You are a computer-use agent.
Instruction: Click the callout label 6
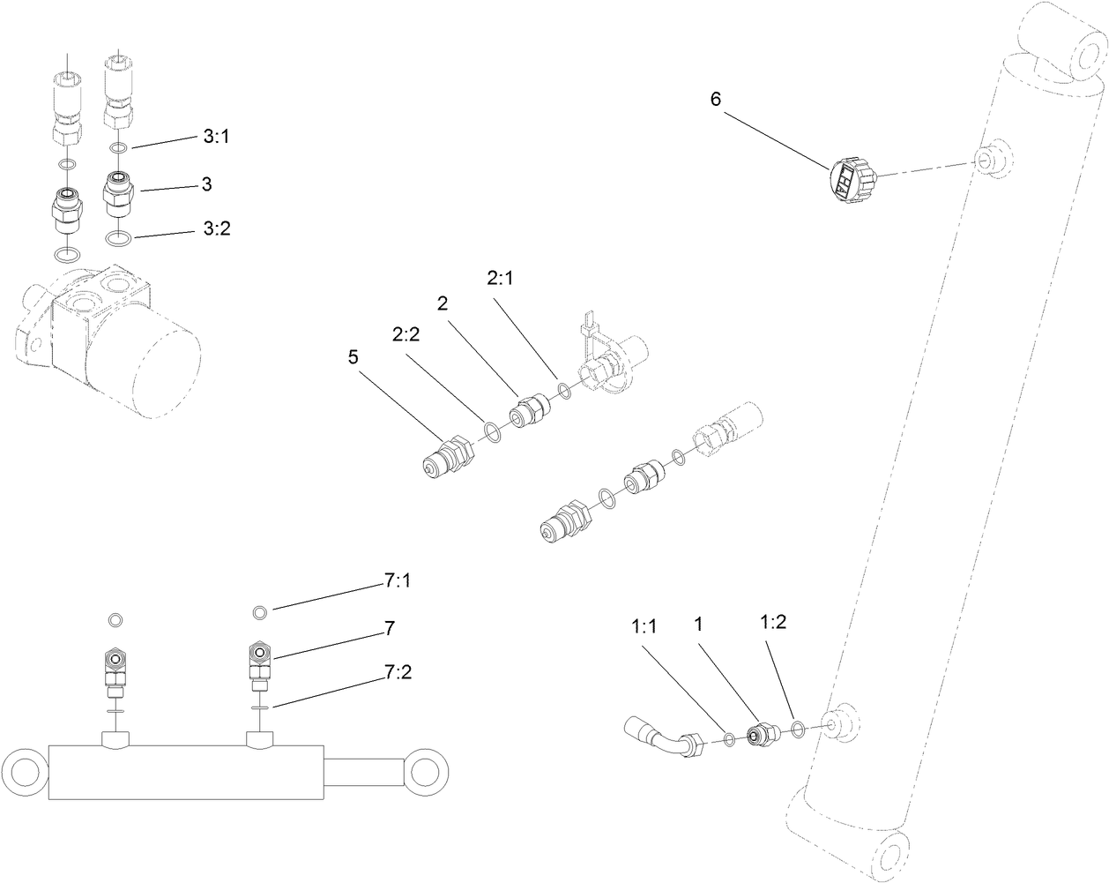click(x=715, y=100)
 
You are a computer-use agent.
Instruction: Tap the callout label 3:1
click(x=216, y=137)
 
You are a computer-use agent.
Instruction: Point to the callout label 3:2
click(x=216, y=228)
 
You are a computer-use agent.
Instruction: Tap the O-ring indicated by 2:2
click(x=493, y=431)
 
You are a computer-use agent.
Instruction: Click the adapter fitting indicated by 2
click(x=530, y=411)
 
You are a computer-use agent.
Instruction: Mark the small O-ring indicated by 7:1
click(x=259, y=612)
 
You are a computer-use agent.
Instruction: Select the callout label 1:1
click(x=644, y=625)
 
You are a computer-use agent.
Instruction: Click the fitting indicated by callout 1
click(x=759, y=733)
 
